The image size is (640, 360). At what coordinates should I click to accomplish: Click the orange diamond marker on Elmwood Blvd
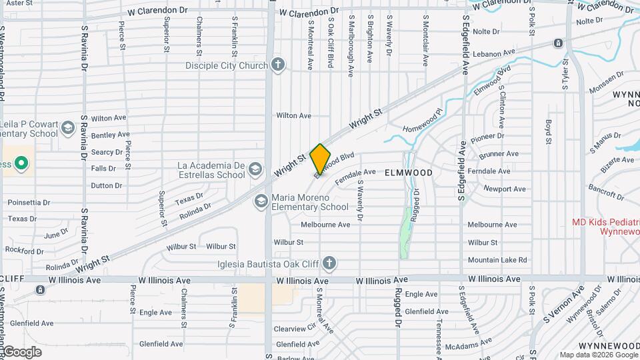point(320,159)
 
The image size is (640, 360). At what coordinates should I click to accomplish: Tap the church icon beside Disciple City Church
point(279,65)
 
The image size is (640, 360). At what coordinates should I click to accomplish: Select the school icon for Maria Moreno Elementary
point(261,201)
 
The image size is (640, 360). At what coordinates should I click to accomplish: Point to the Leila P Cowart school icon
point(67,127)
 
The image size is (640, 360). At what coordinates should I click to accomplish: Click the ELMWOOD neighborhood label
point(409,173)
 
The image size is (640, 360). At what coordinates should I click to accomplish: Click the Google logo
point(21,351)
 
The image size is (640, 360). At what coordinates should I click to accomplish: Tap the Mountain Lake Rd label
point(497,260)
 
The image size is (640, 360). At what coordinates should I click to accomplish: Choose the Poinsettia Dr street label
point(29,202)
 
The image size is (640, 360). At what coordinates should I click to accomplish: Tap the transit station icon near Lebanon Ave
point(557,43)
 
